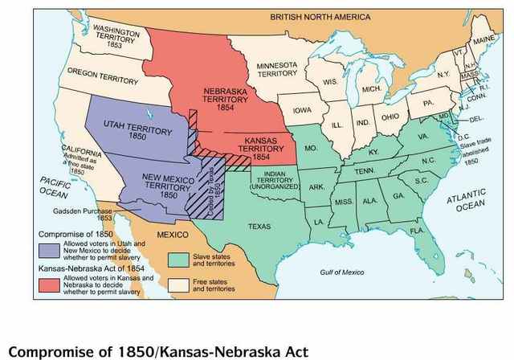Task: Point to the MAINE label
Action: click(x=483, y=40)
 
